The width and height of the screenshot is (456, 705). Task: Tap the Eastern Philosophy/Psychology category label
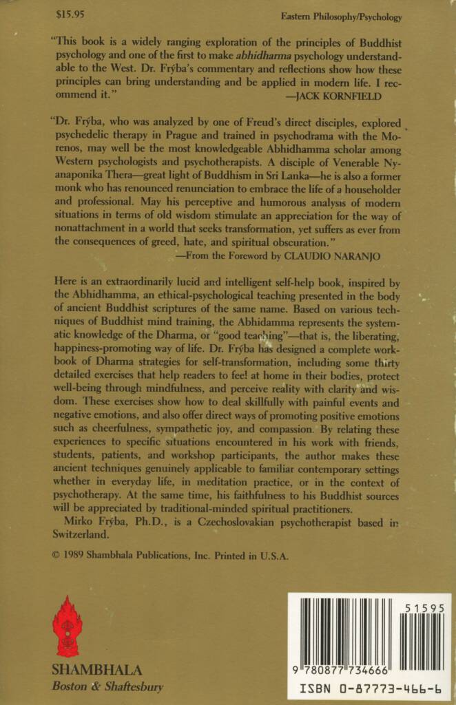pos(341,16)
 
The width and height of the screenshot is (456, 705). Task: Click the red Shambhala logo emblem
pos(68,631)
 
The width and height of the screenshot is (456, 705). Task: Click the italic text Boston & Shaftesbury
pos(107,686)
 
